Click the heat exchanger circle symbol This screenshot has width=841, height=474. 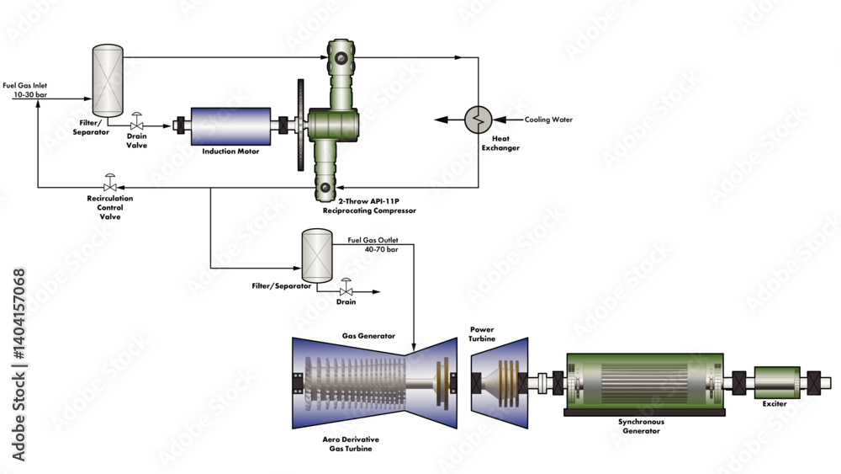pos(478,120)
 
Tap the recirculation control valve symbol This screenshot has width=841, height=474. pos(109,184)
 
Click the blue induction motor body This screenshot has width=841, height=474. pos(230,126)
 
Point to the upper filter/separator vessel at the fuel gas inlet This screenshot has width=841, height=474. pos(106,81)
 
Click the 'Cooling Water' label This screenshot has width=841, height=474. pos(548,120)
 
